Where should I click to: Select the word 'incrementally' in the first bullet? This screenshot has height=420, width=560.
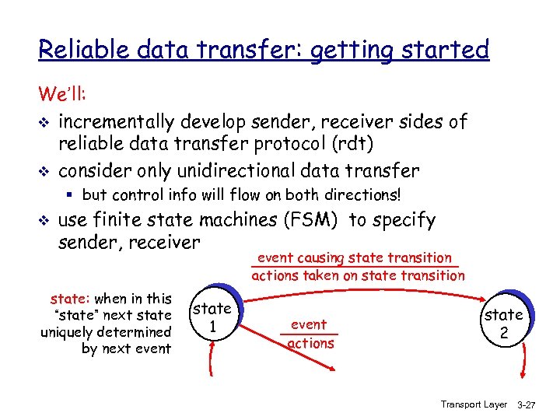[117, 122]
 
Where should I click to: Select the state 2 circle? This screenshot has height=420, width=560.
[504, 323]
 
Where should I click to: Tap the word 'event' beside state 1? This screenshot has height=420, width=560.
[309, 324]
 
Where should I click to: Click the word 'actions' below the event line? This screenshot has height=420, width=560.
[310, 343]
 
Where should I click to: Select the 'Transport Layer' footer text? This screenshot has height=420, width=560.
[474, 404]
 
